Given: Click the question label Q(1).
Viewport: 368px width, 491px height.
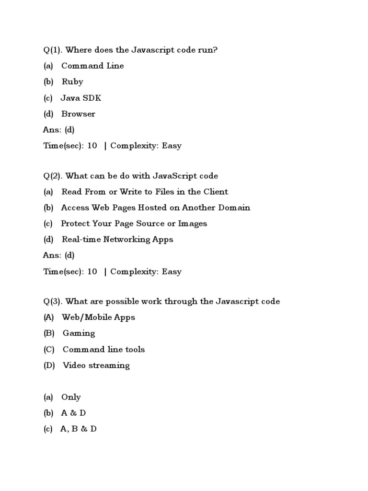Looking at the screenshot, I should [52, 50].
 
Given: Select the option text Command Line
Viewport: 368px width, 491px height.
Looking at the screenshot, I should [92, 66].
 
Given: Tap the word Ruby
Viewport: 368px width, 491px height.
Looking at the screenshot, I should [72, 82].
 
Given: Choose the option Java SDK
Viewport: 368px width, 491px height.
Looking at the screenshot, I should [80, 98].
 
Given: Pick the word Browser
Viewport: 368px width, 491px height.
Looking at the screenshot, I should [78, 114].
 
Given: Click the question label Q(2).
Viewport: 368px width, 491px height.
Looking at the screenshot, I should [52, 176].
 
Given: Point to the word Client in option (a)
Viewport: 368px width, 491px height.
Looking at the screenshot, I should [216, 192].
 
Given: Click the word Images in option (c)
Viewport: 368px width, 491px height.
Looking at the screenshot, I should [193, 223].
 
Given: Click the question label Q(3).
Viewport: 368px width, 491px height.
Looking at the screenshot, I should [52, 302].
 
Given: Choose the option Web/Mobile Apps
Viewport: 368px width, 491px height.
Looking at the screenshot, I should [98, 317].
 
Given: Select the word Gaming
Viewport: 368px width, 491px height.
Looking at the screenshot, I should [79, 333].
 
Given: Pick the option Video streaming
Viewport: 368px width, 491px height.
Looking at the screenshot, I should [96, 365].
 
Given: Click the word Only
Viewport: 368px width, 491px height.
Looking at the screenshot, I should [71, 397].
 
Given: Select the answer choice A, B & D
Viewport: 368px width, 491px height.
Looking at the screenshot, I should [78, 429].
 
